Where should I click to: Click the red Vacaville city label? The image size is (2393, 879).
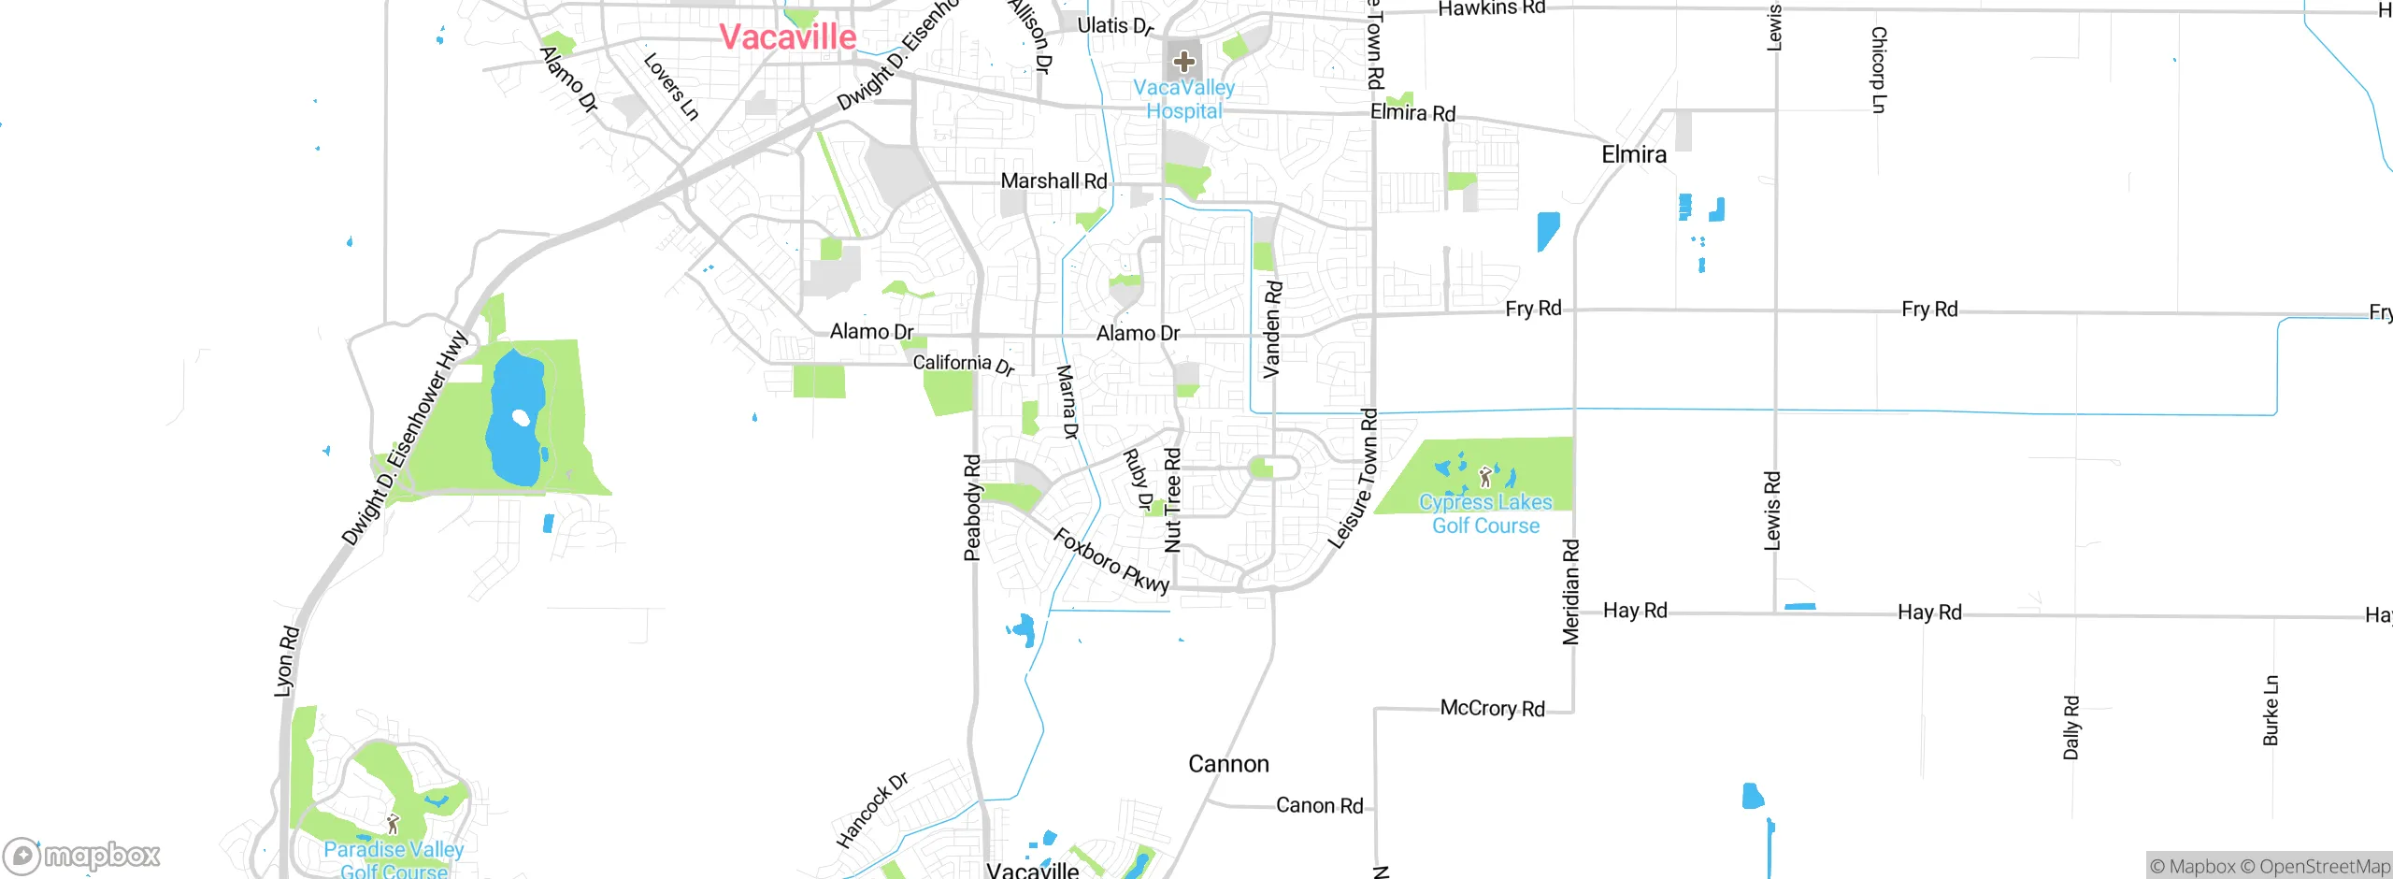(x=787, y=37)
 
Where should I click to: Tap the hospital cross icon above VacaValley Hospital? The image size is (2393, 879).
(x=1184, y=63)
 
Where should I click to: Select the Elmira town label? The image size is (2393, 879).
(x=1634, y=154)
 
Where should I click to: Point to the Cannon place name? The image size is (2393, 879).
(x=1228, y=764)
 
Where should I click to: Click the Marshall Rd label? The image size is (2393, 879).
(x=1053, y=180)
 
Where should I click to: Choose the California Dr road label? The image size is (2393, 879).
(x=963, y=364)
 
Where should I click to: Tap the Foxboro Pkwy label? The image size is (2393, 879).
(x=1111, y=560)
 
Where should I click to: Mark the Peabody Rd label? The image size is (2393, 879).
(x=972, y=508)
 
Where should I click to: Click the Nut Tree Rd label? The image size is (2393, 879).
(x=1172, y=499)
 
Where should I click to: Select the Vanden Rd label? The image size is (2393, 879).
(x=1272, y=329)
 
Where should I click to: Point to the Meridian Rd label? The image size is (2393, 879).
(x=1570, y=591)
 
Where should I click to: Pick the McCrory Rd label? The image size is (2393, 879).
(x=1492, y=708)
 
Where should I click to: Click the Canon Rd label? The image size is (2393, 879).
(x=1319, y=805)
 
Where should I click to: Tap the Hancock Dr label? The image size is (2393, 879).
(x=871, y=810)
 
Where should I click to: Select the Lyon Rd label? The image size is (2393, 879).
(x=286, y=661)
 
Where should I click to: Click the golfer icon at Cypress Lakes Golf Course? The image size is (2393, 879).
(x=1485, y=478)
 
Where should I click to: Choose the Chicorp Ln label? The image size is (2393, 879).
(x=1879, y=69)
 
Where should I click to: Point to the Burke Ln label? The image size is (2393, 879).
(x=2271, y=710)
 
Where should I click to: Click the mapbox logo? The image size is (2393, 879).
(x=82, y=856)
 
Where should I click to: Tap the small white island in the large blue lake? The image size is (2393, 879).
(x=521, y=417)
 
